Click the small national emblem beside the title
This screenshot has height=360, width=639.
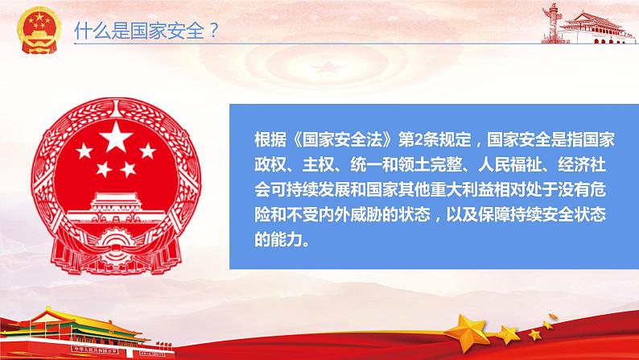(39, 30)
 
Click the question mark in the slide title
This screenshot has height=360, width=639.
(214, 30)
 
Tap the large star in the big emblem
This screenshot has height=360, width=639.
(116, 136)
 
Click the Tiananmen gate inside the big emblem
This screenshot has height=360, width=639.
(116, 207)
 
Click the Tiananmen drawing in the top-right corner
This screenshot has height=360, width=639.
(596, 27)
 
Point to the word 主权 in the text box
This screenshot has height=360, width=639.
(318, 165)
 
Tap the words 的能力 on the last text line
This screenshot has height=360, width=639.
(278, 240)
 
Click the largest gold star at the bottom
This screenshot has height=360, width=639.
(468, 332)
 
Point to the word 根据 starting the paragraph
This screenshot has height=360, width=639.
(270, 140)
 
